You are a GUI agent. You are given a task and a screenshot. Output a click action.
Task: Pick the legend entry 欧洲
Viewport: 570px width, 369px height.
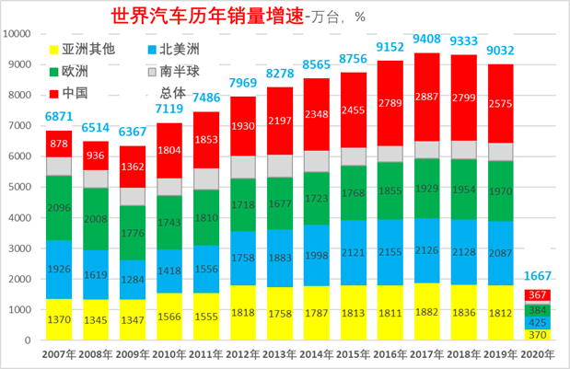pyautogui.click(x=76, y=71)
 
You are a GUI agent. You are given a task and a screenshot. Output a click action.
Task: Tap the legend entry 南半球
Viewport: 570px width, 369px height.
pyautogui.click(x=180, y=71)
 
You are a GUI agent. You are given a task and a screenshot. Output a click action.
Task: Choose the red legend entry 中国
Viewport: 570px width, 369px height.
pyautogui.click(x=76, y=92)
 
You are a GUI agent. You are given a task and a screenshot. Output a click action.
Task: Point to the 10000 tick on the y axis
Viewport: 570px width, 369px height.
pyautogui.click(x=20, y=34)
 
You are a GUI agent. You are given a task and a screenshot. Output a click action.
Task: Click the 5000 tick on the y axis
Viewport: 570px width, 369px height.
pyautogui.click(x=24, y=188)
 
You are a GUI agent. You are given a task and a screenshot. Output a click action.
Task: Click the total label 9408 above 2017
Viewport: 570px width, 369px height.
pyautogui.click(x=426, y=39)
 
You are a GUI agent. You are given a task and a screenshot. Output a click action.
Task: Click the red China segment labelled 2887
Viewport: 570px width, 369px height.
pyautogui.click(x=426, y=97)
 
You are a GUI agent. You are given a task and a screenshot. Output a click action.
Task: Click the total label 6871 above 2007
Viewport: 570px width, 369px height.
pyautogui.click(x=58, y=117)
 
